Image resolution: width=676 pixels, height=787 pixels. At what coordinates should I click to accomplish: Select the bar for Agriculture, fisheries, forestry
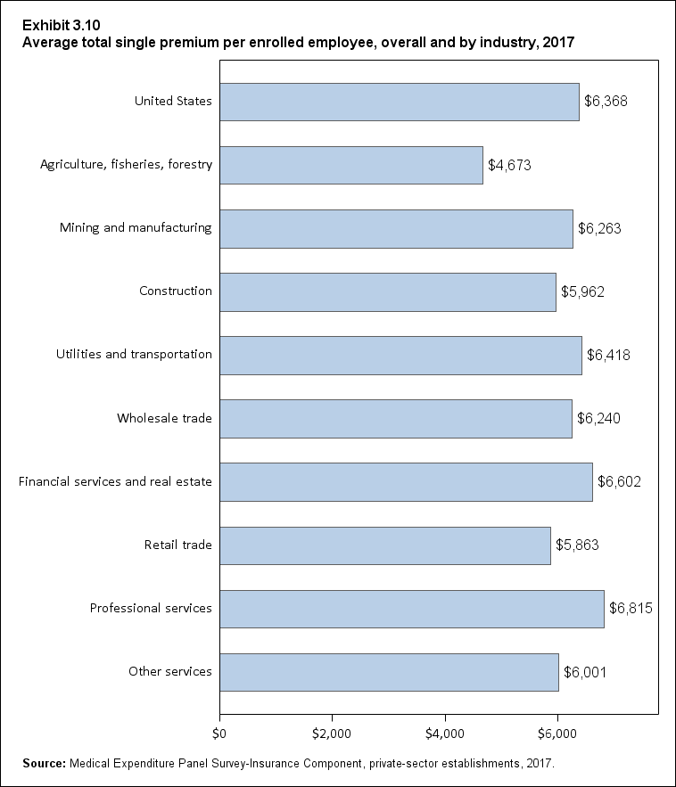350,165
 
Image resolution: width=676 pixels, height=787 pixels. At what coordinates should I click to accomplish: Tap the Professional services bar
411,609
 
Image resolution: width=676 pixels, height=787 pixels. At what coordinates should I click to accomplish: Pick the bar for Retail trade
384,545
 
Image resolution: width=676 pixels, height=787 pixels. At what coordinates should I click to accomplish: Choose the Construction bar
387,291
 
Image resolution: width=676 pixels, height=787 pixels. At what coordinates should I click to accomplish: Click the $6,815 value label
631,609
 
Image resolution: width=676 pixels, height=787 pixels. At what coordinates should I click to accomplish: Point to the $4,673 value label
510,165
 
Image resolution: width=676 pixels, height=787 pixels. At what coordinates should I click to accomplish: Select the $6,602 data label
620,482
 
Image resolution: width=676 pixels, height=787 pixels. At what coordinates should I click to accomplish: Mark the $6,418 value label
609,355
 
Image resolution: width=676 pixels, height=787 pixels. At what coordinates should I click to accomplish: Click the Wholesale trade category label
164,418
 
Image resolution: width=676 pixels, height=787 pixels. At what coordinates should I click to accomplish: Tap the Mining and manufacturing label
136,227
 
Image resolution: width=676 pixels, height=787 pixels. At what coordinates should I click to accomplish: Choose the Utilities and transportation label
134,355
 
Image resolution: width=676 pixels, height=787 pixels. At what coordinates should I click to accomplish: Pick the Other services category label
169,671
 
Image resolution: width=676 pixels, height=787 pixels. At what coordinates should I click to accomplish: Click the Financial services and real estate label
115,482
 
